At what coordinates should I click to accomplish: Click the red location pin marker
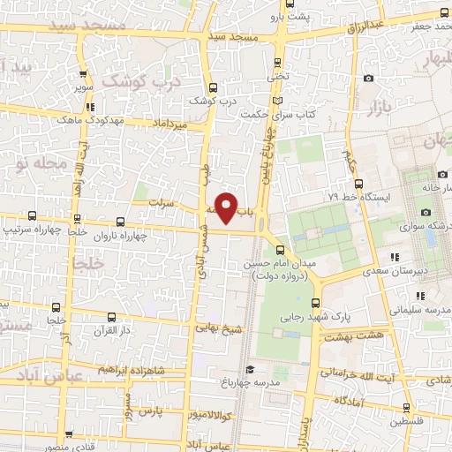(x=227, y=207)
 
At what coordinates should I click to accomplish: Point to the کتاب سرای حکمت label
(x=281, y=113)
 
